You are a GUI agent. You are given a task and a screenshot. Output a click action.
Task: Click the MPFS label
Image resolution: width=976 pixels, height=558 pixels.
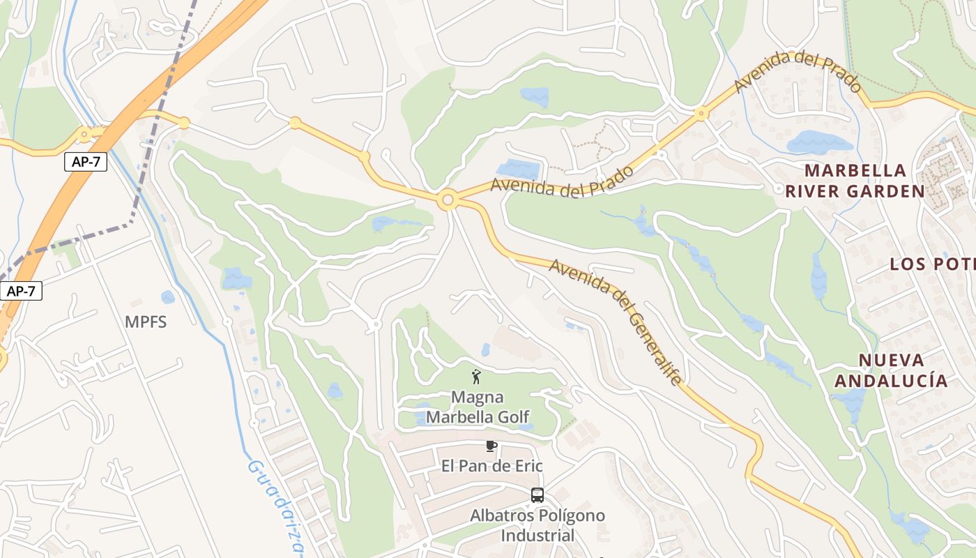[x=146, y=322]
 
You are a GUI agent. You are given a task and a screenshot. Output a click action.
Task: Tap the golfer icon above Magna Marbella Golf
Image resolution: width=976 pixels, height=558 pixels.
[x=477, y=377]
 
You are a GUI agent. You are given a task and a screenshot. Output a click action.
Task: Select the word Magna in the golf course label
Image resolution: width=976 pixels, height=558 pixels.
[x=477, y=397]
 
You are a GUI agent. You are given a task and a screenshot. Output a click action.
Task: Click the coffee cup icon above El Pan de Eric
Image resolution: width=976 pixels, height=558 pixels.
[x=491, y=446]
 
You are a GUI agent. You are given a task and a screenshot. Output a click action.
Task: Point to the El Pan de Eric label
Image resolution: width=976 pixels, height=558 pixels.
[x=491, y=465]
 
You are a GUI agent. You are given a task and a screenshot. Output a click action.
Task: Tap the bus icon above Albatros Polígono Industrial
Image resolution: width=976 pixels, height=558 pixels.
[x=537, y=495]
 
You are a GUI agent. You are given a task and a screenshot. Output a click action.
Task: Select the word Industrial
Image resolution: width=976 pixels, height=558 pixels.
[x=537, y=536]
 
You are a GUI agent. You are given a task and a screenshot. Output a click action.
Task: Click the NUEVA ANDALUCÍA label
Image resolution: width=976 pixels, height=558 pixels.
[x=891, y=370]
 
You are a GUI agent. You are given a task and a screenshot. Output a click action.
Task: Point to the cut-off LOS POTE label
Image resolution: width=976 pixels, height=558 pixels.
[x=932, y=264]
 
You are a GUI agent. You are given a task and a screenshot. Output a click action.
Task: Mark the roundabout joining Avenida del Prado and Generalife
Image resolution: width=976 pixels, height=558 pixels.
[x=448, y=201]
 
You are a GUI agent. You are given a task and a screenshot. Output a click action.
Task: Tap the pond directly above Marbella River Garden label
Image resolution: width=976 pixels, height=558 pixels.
[x=820, y=142]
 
